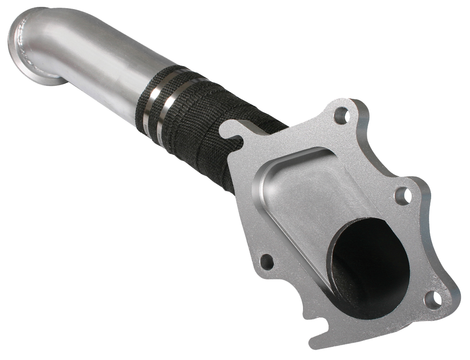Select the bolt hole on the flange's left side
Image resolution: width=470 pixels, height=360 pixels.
click(x=266, y=261)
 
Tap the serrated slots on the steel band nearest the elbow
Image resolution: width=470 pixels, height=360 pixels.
click(x=149, y=128)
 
